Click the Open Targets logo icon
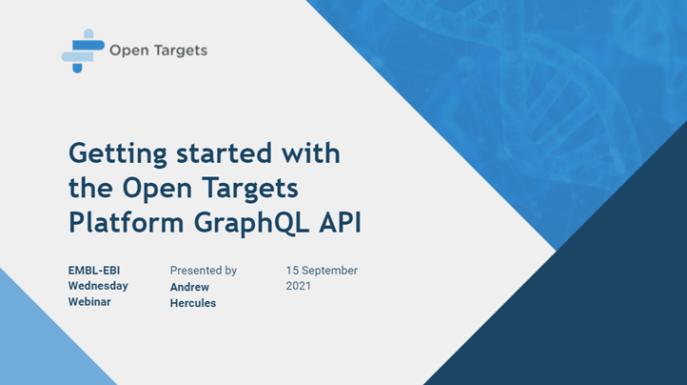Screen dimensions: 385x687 click(x=82, y=51)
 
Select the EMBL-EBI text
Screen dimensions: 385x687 click(x=93, y=271)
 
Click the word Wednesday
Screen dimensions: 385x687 click(x=98, y=286)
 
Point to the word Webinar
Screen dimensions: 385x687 click(x=89, y=301)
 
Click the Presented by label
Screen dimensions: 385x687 click(x=204, y=271)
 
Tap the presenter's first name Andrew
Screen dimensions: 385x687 click(x=190, y=286)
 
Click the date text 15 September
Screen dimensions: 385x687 click(x=322, y=271)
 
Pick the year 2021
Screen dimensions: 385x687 click(x=299, y=286)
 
